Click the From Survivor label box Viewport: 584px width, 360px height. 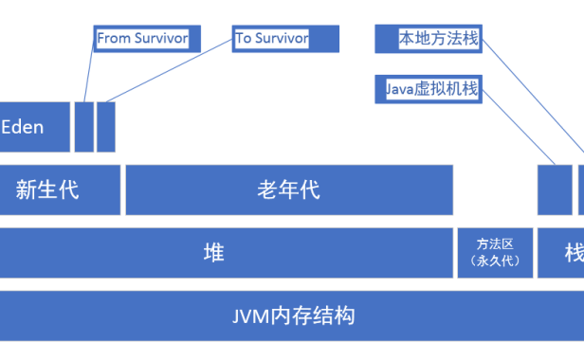tap(142, 39)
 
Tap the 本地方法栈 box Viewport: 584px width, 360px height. tap(427, 39)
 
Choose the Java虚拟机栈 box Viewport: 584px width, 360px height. tap(427, 89)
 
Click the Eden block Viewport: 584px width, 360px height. tap(34, 127)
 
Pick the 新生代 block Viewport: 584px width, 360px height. tap(59, 189)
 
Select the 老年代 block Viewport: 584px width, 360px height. tap(288, 189)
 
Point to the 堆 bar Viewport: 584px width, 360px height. tap(226, 252)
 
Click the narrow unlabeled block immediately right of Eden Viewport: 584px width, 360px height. tap(83, 127)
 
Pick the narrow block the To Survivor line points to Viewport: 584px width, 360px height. tap(105, 127)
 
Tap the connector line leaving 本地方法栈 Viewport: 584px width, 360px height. tap(531, 95)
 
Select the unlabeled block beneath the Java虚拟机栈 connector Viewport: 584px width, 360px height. tap(555, 189)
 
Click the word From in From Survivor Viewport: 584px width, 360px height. tap(114, 39)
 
